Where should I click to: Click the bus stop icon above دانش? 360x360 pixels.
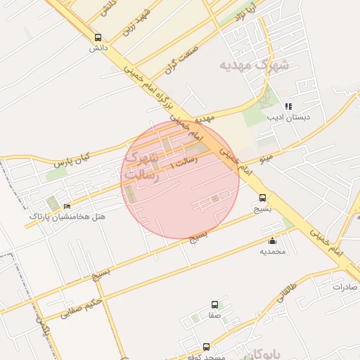coord(97,38)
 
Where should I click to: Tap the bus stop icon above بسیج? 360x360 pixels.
coord(262,198)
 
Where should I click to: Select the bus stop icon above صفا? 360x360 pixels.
coord(214,305)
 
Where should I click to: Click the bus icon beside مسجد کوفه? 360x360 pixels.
coord(206,347)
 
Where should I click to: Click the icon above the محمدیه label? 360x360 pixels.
coord(273,241)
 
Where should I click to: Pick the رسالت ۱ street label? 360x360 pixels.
coord(184,163)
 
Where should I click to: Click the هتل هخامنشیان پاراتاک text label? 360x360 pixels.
coord(67,217)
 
